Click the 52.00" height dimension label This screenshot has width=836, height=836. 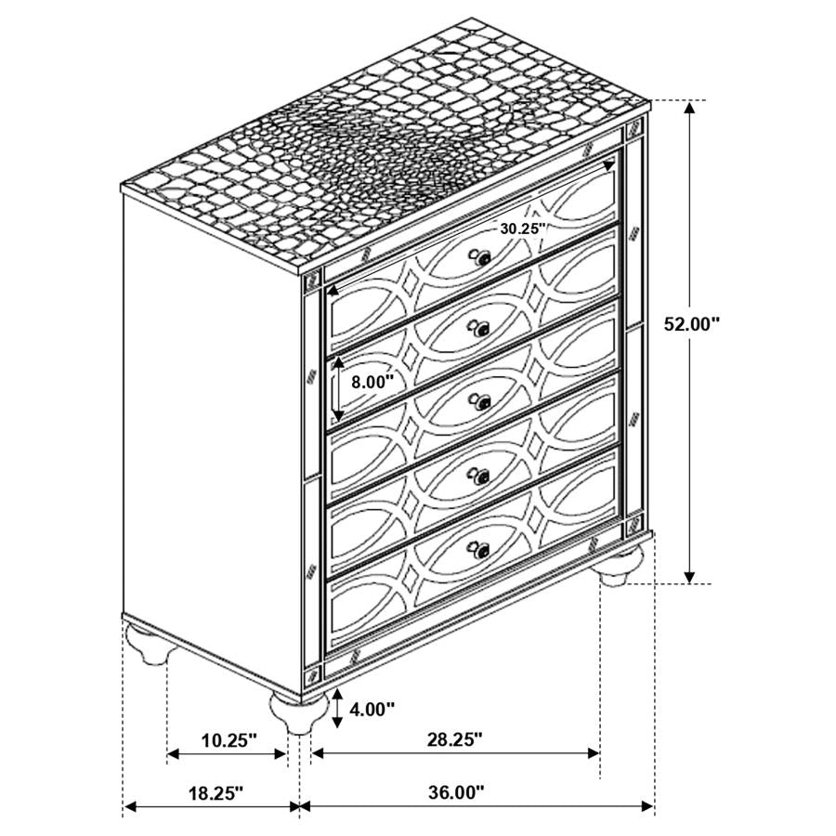[692, 323]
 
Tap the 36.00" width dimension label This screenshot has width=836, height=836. [456, 792]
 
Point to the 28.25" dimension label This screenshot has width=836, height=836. [454, 739]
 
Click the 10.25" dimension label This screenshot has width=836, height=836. [229, 739]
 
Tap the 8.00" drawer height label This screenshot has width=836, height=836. [372, 381]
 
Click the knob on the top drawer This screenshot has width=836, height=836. [482, 259]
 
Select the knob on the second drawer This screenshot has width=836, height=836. [481, 329]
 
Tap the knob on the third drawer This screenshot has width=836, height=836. [481, 401]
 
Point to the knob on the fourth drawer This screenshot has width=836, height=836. [481, 478]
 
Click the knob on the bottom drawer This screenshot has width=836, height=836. [481, 551]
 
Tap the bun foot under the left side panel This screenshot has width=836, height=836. [150, 643]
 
